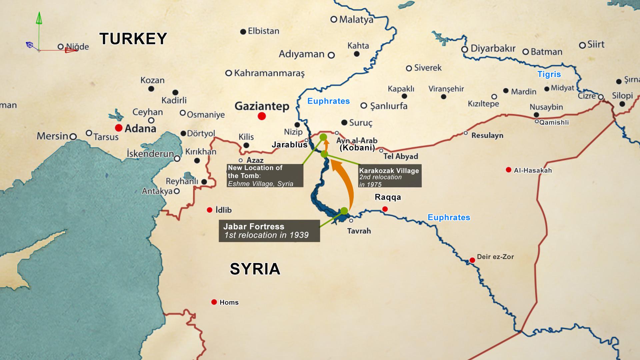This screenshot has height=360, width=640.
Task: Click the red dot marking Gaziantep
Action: (262, 116)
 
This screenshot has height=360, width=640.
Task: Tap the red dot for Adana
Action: (118, 128)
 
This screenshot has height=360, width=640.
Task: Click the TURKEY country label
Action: (133, 39)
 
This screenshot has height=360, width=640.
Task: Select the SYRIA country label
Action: (255, 269)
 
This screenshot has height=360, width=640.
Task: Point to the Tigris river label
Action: (549, 74)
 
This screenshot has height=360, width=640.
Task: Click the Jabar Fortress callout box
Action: (269, 231)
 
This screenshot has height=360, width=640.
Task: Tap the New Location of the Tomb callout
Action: (265, 175)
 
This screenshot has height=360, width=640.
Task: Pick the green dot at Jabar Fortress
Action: (344, 211)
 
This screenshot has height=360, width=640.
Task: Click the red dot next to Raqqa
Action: (385, 209)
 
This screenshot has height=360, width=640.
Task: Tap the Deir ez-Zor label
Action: (495, 257)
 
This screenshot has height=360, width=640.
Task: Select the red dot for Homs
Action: (214, 302)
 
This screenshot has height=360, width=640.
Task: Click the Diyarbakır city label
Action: (493, 49)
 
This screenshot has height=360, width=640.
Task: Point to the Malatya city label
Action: (356, 20)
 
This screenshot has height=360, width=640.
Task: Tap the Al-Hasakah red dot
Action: (508, 170)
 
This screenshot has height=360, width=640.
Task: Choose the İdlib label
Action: (223, 210)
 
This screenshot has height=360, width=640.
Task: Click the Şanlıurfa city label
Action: (389, 106)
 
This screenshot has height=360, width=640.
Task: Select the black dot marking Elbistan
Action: (243, 32)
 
